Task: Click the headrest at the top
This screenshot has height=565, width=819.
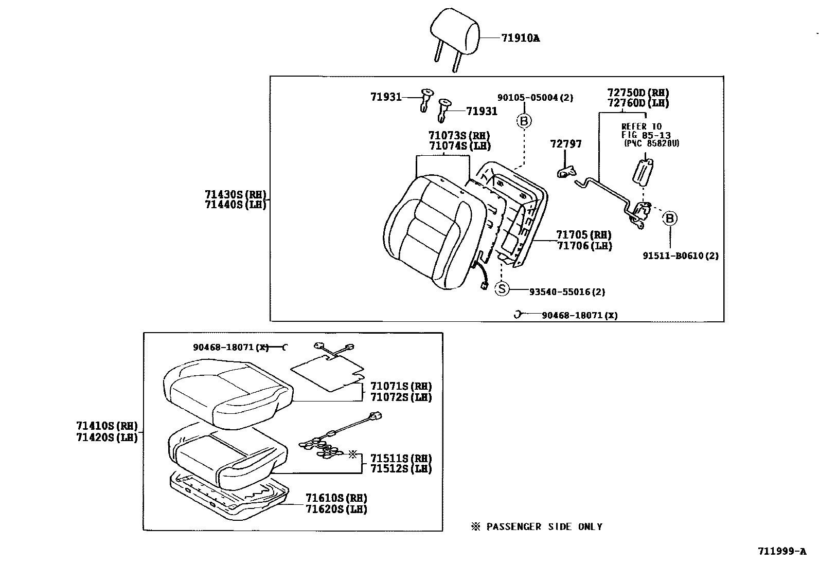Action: [455, 31]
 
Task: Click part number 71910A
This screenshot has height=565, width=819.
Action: [520, 38]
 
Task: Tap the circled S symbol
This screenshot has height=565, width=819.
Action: [502, 289]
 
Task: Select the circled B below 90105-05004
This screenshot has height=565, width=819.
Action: [524, 121]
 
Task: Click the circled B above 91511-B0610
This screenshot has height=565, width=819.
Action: [670, 218]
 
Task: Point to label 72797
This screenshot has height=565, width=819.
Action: [566, 144]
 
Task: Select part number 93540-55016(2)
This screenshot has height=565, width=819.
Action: [567, 292]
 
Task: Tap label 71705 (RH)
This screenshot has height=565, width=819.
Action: [583, 235]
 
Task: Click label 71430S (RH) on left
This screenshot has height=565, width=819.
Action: [236, 194]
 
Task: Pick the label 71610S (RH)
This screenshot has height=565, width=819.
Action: [336, 498]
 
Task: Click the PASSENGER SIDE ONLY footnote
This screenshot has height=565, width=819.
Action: [537, 526]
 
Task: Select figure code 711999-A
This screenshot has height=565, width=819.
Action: [781, 552]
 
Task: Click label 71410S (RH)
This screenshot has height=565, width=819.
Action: [107, 426]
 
